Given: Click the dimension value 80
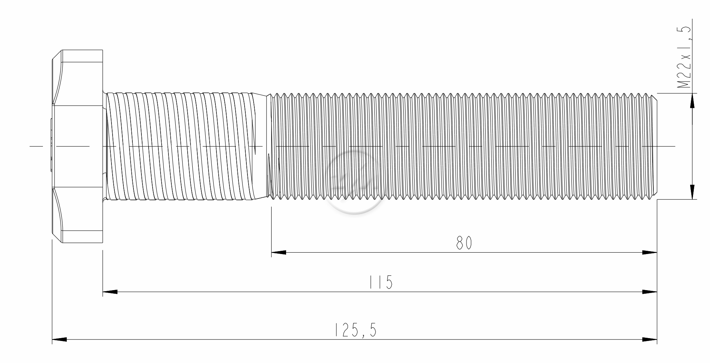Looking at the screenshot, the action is tap(464, 243).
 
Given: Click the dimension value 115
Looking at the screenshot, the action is tap(381, 282).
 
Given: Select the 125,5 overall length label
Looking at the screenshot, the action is tap(356, 330).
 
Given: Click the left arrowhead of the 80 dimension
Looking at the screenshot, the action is tap(279, 253).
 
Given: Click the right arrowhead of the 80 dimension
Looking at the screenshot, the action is tap(650, 253).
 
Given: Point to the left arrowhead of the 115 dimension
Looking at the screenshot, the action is tap(110, 292).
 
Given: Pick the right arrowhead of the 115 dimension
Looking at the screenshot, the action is tap(650, 292).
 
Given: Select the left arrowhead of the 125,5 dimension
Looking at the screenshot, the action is tap(60, 340).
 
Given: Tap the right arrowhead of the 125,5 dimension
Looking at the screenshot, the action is tap(650, 340).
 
